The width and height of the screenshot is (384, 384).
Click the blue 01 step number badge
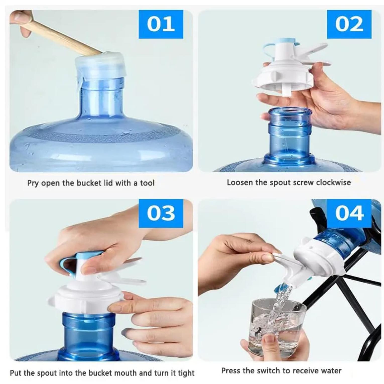pyautogui.click(x=161, y=24)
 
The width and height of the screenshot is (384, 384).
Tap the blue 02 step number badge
pyautogui.click(x=349, y=24)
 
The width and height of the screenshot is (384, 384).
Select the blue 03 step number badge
pyautogui.click(x=161, y=213)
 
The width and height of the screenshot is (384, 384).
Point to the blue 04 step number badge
pyautogui.click(x=349, y=213)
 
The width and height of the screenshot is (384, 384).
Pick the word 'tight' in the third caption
pyautogui.click(x=186, y=373)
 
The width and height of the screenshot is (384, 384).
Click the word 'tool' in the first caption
pyautogui.click(x=147, y=183)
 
